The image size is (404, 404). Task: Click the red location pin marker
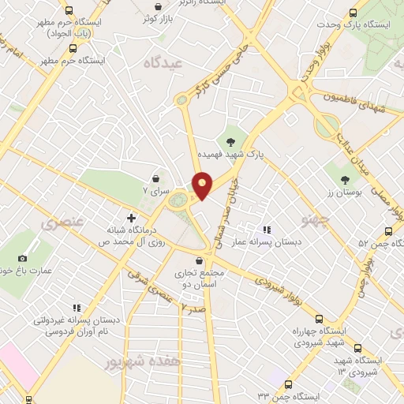tap(202, 185)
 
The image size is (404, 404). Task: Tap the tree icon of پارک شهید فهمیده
tap(230, 142)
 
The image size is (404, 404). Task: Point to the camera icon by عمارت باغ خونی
tap(22, 258)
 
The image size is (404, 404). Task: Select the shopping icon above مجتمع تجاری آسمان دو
tap(199, 260)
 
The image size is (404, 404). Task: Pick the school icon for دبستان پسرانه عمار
tap(266, 230)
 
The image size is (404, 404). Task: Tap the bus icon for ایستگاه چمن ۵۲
tap(387, 231)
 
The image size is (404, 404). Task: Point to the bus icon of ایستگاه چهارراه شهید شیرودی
tap(319, 320)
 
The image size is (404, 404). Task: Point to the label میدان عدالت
tap(349, 148)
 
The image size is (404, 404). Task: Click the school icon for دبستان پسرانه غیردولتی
tap(77, 309)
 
